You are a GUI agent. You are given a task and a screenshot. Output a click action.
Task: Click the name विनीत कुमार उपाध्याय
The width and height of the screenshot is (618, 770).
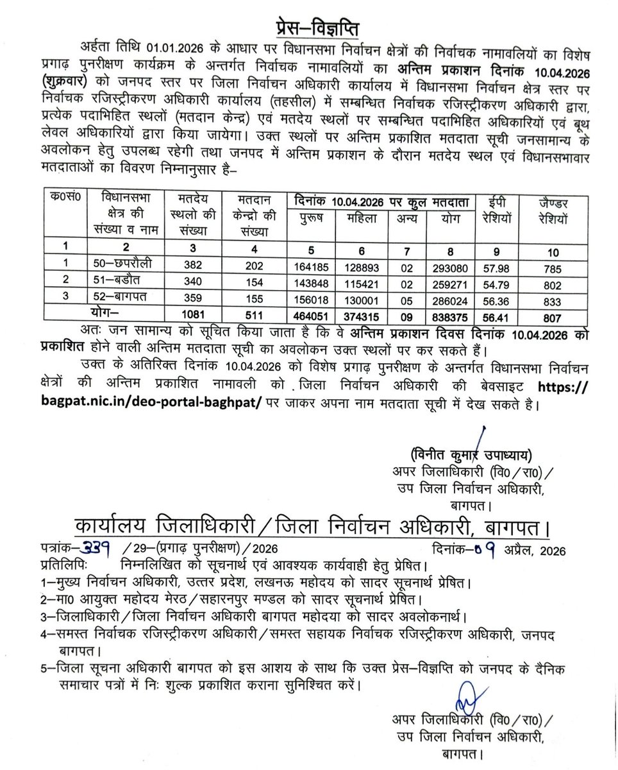[471, 456]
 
